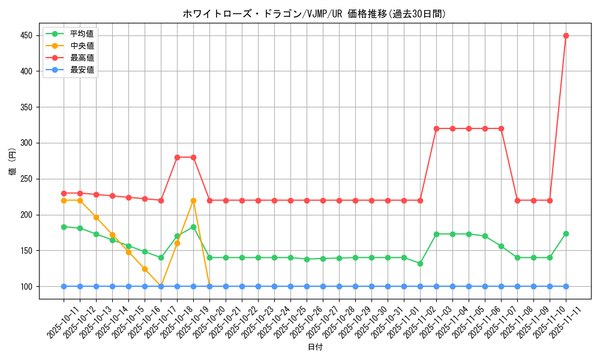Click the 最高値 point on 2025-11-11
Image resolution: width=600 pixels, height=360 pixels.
point(566,35)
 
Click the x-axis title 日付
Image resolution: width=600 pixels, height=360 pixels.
point(315,347)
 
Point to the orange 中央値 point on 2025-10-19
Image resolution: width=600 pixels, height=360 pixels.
point(193,200)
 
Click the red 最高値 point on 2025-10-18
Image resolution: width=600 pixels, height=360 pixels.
point(177,157)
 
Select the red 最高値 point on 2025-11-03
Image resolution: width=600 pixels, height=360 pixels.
point(436,128)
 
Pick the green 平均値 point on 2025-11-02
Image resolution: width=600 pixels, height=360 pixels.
point(420,263)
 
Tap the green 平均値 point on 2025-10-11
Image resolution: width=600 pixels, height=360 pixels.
point(64,227)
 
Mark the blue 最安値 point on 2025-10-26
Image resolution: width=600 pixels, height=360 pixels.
point(307,286)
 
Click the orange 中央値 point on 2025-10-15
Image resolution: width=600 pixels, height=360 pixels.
point(128,252)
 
